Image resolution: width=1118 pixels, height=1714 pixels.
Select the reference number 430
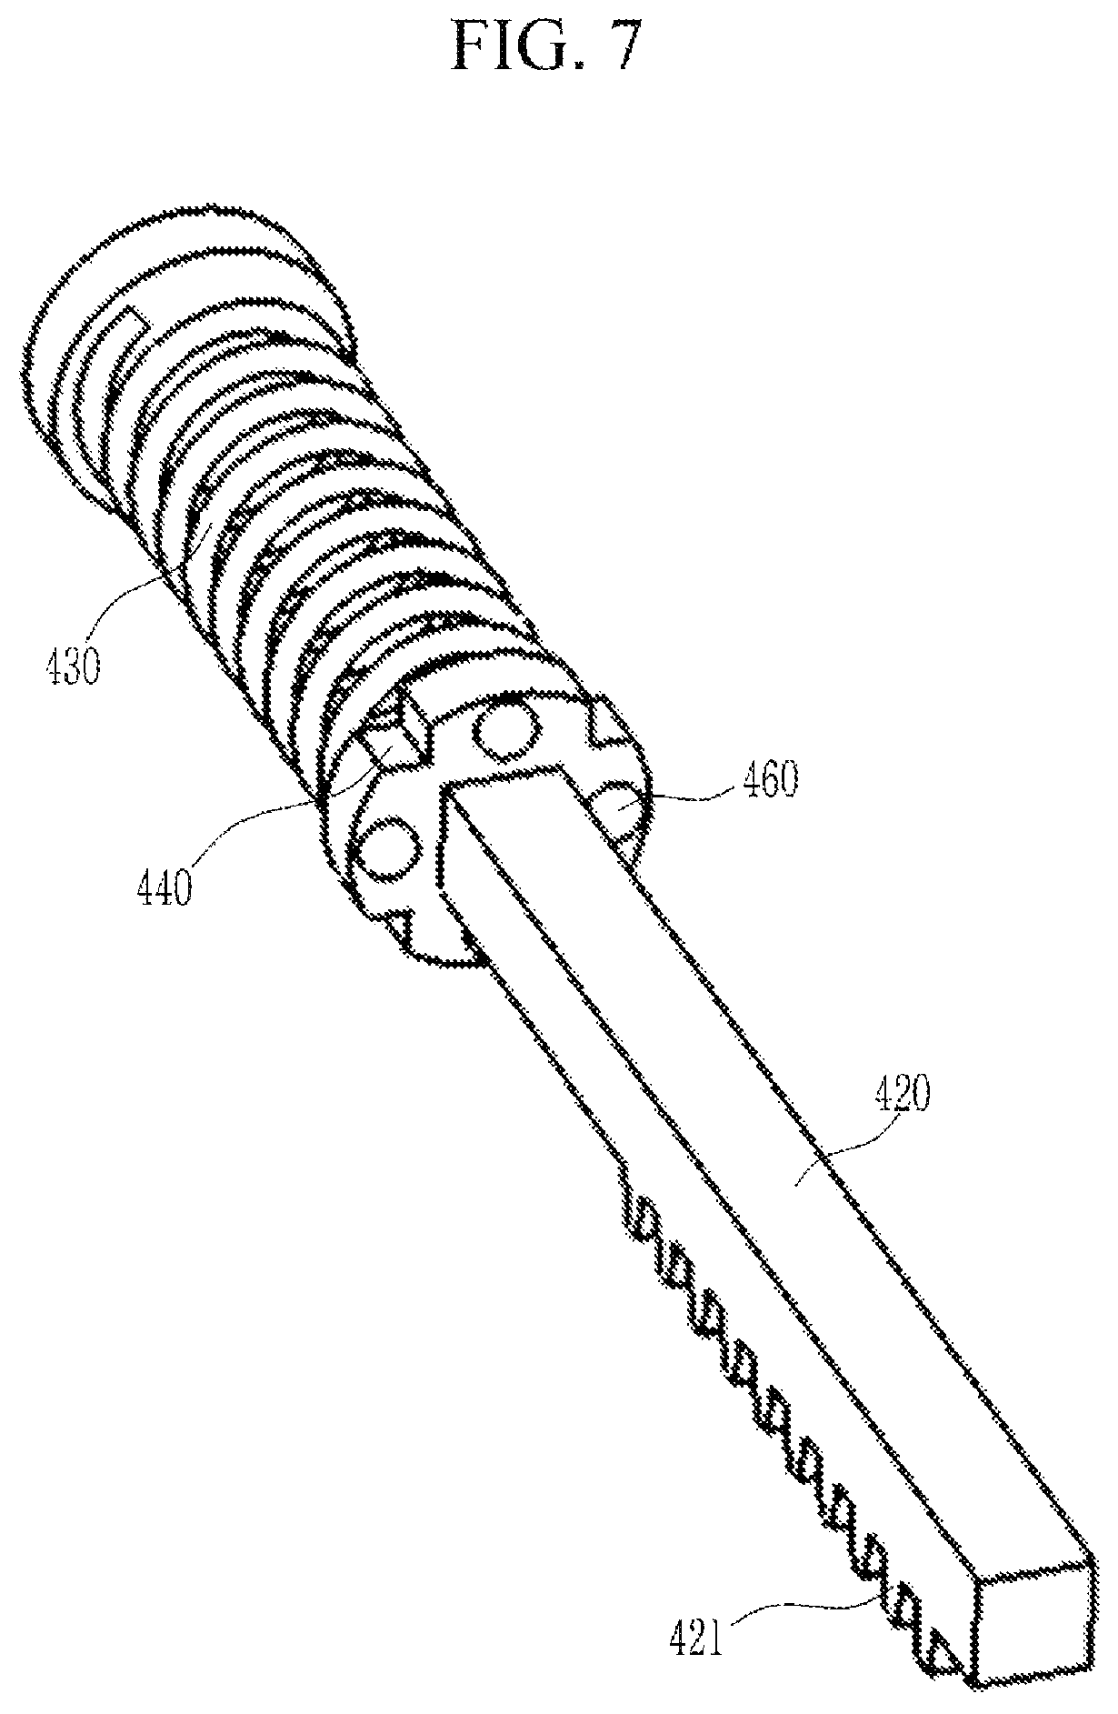click(72, 668)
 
